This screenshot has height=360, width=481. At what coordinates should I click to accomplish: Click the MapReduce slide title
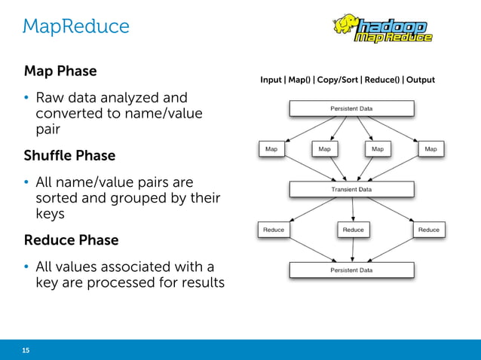click(x=75, y=26)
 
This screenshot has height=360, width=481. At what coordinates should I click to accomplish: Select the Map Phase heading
click(x=60, y=72)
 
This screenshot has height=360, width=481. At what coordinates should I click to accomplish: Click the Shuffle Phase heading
click(x=69, y=156)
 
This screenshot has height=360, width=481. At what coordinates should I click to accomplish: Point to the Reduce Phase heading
click(x=71, y=240)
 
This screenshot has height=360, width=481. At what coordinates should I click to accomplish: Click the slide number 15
click(x=26, y=350)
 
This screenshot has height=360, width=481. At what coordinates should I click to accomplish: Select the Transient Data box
click(x=351, y=190)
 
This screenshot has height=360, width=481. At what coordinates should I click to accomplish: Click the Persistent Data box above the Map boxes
click(x=351, y=108)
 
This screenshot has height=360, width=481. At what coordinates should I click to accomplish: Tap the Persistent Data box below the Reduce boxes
click(x=351, y=269)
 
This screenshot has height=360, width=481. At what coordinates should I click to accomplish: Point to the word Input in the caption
click(x=271, y=80)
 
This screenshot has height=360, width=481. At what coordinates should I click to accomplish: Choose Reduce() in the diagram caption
click(x=384, y=80)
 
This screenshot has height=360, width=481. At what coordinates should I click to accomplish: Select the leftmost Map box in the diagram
click(x=271, y=149)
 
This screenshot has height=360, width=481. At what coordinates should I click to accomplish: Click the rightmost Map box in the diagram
click(x=430, y=149)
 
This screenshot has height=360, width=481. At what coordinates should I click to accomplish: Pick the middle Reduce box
click(x=353, y=230)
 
